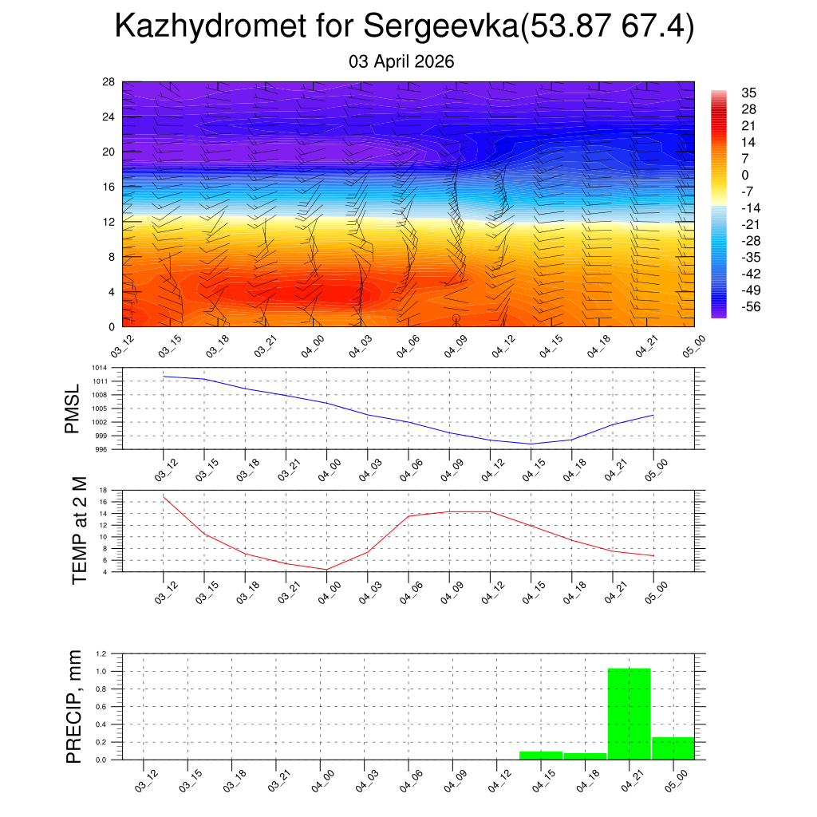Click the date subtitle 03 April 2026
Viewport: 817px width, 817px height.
(x=401, y=61)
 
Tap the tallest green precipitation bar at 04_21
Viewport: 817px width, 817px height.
(x=630, y=713)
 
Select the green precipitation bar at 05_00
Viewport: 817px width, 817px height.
(x=673, y=748)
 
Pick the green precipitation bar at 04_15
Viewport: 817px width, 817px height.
(x=541, y=755)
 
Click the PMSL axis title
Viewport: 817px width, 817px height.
(x=73, y=409)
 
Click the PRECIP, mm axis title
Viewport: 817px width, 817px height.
(x=74, y=707)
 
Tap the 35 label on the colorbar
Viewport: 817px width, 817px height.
(x=748, y=93)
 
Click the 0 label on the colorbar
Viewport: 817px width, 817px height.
(x=745, y=176)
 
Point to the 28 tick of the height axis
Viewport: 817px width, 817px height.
(x=109, y=82)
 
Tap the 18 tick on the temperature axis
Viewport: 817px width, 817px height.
(x=103, y=490)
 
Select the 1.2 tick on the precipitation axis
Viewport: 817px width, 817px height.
(x=101, y=653)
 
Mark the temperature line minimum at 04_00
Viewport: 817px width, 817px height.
(x=326, y=569)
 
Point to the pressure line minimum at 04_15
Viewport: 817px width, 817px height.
(x=531, y=444)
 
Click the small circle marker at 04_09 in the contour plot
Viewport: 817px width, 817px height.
(x=456, y=318)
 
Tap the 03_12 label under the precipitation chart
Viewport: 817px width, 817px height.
(x=148, y=781)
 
